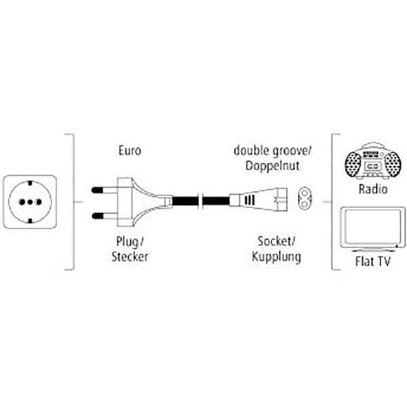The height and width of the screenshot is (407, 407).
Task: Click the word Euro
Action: click(x=129, y=151)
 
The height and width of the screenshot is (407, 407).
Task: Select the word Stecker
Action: click(x=129, y=257)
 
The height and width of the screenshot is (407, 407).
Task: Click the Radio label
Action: click(x=374, y=189)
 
